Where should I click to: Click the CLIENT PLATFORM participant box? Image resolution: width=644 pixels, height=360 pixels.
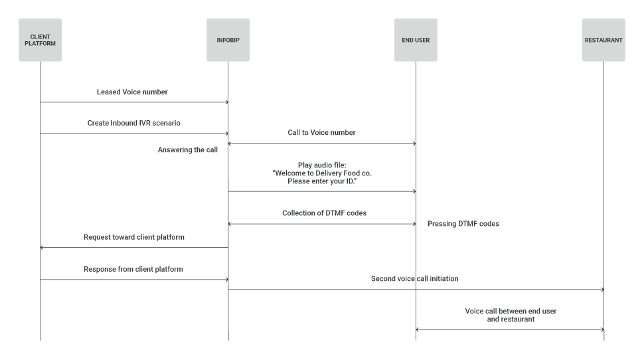click(40, 40)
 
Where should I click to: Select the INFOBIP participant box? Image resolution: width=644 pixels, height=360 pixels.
click(228, 40)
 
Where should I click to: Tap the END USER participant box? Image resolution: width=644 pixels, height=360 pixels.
click(416, 40)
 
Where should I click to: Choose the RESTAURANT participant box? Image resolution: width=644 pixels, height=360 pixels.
click(604, 40)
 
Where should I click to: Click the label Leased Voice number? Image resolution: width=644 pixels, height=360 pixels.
click(132, 92)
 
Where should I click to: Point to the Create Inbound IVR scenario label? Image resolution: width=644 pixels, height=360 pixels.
click(133, 123)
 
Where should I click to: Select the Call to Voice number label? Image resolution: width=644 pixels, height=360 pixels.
click(321, 133)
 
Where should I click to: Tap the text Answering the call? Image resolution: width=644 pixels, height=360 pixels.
click(188, 150)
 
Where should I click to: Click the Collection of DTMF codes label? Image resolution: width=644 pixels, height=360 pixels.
click(324, 213)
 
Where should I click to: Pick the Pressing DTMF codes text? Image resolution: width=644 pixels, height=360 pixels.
click(463, 224)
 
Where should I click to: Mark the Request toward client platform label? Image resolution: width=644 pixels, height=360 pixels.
click(134, 237)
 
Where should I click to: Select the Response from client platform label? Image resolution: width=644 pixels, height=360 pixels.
click(133, 269)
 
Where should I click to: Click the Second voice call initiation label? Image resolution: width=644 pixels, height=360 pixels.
click(414, 279)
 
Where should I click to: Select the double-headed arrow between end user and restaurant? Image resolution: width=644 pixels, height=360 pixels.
click(510, 329)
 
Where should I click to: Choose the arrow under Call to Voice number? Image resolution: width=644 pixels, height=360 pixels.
click(322, 143)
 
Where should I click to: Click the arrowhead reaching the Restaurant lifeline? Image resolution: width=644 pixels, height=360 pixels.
click(601, 290)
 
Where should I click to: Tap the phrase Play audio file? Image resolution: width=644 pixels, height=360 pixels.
click(321, 164)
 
